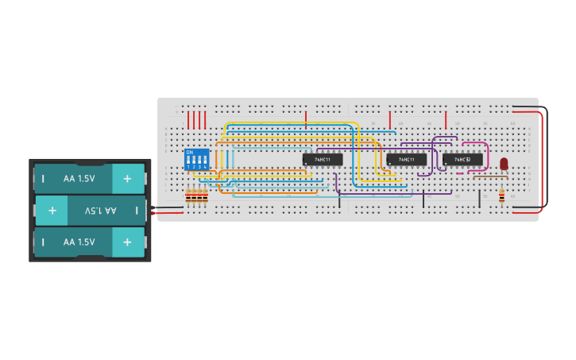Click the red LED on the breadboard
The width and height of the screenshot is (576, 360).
tap(504, 164)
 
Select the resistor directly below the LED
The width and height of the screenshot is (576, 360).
tap(501, 195)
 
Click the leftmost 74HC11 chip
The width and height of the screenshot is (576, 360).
tap(323, 160)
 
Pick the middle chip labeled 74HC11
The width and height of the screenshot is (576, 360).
tap(406, 160)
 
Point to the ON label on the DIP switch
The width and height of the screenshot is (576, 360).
tap(189, 153)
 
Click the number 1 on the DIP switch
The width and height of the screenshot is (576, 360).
tap(188, 167)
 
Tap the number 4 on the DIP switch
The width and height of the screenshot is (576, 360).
tap(205, 167)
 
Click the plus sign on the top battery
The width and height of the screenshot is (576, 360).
tap(127, 179)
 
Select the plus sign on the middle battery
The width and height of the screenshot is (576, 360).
tap(52, 211)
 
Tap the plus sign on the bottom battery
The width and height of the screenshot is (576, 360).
tap(127, 242)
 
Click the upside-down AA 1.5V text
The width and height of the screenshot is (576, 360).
tap(100, 211)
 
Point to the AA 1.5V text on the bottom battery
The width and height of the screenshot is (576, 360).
tap(79, 242)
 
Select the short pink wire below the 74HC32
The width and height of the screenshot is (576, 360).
tap(460, 172)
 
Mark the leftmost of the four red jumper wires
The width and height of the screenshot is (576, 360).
tap(188, 120)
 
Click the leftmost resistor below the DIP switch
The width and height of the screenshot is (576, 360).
tap(188, 195)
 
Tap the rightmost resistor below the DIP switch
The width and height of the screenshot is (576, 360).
tap(205, 195)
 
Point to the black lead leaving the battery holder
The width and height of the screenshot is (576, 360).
tap(152, 208)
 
